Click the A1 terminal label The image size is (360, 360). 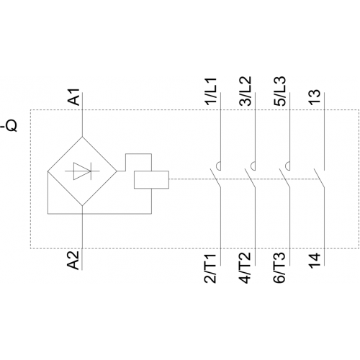pos(73,97)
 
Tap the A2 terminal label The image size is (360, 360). pos(73,261)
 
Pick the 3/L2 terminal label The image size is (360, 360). pos(246,91)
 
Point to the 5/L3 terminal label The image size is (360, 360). pos(280,91)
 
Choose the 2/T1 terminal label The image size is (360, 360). pos(210,267)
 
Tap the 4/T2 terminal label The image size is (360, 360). pos(245,267)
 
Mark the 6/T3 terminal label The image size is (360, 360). pos(279,267)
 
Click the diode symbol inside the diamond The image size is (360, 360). pos(82,171)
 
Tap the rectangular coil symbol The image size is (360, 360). pos(151,180)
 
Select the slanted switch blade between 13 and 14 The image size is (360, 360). pos(319,179)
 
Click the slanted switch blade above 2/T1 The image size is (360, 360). pos(215,179)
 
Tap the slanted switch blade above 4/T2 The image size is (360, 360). pos(250,179)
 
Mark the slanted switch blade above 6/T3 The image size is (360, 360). pos(284,179)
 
